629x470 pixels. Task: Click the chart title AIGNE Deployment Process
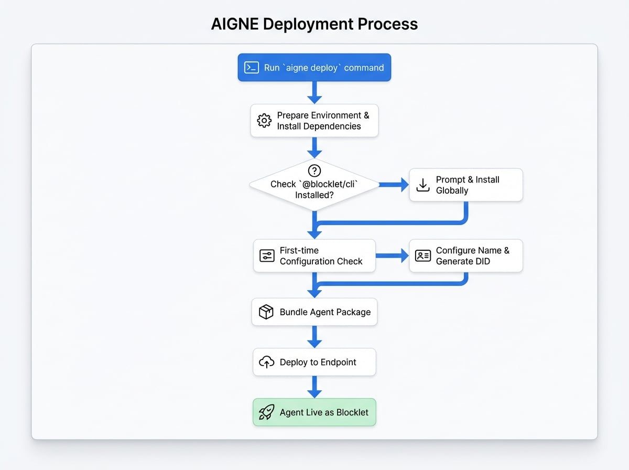coord(314,24)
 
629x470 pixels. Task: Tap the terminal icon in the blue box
coord(252,68)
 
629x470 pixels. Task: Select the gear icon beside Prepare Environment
coord(264,121)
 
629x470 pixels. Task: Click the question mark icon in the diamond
coord(314,170)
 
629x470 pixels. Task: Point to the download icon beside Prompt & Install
coord(423,185)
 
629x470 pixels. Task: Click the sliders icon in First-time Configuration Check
coord(267,256)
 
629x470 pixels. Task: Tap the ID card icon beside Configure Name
coord(423,256)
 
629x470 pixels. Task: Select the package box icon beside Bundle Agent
coord(266,312)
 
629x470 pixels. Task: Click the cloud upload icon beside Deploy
coord(267,362)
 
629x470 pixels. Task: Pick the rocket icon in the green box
coord(267,412)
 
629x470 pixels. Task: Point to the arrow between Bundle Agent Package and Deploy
coord(314,337)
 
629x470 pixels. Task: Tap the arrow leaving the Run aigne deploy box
coord(314,93)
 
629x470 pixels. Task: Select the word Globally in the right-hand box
coord(452,190)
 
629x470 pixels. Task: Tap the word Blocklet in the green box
coord(352,412)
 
